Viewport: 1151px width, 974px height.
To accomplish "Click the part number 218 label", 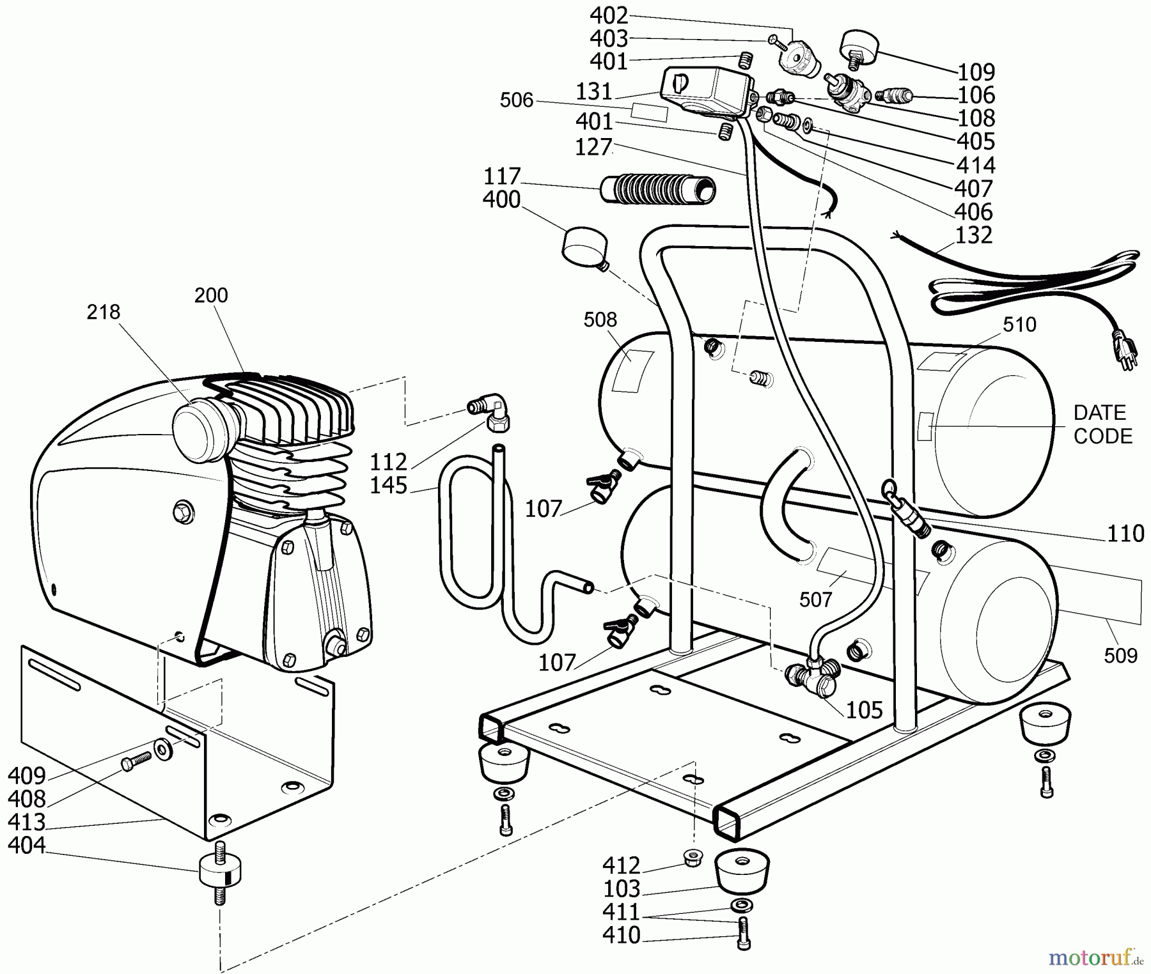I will point(103,312).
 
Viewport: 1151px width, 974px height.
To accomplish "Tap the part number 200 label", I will point(211,295).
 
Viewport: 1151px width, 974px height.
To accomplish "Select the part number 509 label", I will point(1120,655).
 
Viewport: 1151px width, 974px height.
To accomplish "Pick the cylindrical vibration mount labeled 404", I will point(219,871).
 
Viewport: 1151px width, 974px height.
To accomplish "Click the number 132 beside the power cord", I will point(974,235).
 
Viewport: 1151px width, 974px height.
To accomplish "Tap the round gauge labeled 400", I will point(583,246).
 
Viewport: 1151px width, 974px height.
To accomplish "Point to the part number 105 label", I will point(864,709).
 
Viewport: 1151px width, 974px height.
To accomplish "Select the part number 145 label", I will point(388,486).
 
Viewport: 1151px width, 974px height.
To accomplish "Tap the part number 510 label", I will point(1019,325).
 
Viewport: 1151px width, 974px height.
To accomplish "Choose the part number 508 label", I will point(600,320).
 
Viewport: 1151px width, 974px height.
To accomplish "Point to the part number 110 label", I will point(1125,533).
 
